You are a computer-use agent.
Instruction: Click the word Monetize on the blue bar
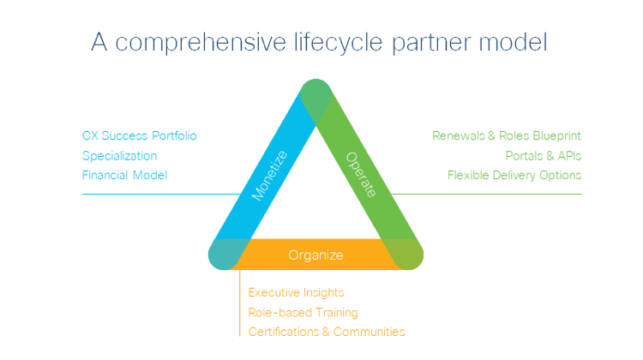269,176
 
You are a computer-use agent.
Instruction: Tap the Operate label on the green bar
361,175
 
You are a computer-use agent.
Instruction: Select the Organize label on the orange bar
315,255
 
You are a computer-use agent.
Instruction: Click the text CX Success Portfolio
140,135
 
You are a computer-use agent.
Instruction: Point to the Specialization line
120,156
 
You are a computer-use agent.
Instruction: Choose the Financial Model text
124,175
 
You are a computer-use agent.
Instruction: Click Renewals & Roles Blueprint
507,135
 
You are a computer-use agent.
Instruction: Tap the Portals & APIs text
544,156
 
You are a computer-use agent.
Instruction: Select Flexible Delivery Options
514,176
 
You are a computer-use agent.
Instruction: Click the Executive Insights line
296,293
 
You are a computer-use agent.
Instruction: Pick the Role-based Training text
303,313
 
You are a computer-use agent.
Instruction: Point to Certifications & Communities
327,332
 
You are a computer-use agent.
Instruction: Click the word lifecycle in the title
339,43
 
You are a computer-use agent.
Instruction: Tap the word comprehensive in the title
201,43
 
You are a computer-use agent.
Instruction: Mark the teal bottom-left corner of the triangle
227,254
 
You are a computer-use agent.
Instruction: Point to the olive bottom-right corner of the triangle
405,254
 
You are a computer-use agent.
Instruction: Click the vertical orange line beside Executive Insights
240,303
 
